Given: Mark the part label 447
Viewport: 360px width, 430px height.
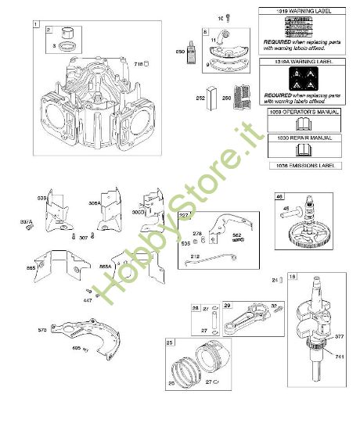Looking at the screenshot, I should (x=88, y=299).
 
